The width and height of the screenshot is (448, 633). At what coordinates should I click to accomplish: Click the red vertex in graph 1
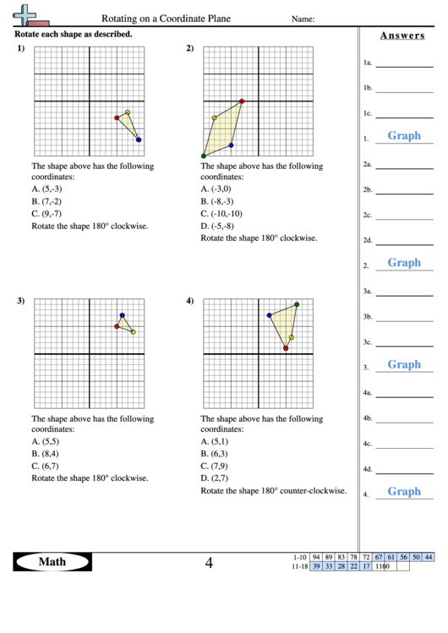(117, 117)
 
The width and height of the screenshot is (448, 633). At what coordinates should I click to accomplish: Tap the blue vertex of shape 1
(139, 139)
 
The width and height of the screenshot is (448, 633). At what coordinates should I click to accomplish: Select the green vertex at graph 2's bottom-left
(204, 156)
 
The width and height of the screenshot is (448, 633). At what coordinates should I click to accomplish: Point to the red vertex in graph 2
(242, 101)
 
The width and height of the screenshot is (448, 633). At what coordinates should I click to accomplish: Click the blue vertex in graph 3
(122, 315)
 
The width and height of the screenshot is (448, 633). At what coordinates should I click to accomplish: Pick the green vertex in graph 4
(297, 304)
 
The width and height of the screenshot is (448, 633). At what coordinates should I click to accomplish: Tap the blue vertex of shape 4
(269, 315)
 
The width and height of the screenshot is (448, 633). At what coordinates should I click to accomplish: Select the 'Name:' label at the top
(303, 19)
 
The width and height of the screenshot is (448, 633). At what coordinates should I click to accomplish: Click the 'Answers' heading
(402, 35)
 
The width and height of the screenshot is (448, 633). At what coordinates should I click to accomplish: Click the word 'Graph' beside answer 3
(404, 365)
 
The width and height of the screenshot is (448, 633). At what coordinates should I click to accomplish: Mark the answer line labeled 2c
(403, 215)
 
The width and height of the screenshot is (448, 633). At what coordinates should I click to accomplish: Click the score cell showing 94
(316, 557)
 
